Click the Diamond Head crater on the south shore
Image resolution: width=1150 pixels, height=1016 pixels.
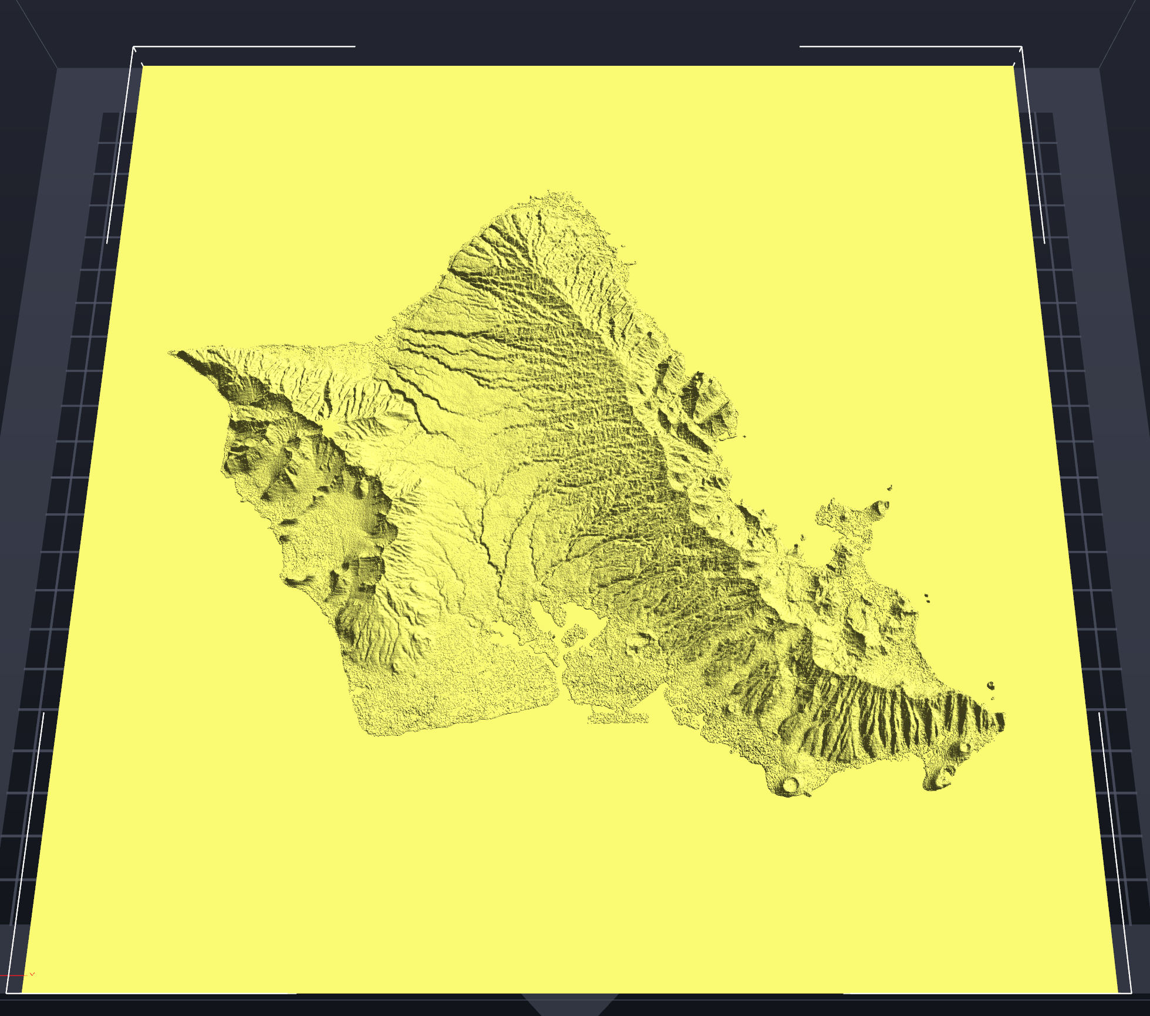pos(790,784)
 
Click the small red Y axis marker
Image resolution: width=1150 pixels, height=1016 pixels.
pos(32,974)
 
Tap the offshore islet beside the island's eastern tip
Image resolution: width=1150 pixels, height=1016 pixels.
pos(990,685)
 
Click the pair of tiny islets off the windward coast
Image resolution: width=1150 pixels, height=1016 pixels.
pos(926,597)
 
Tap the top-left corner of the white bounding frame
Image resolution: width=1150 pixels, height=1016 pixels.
pos(134,46)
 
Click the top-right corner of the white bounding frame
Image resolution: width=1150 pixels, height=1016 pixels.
pos(1021,46)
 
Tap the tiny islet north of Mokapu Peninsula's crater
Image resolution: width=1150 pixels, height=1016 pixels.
pos(890,487)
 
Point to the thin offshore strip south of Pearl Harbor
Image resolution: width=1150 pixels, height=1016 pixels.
pos(620,718)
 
